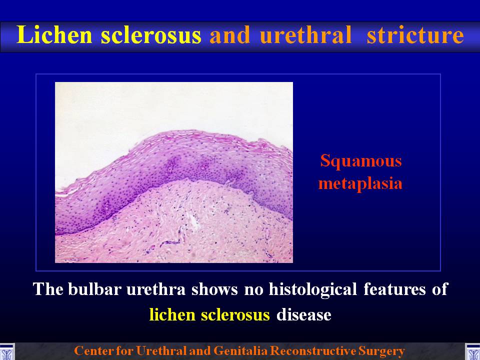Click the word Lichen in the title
pyautogui.click(x=54, y=34)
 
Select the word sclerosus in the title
pyautogui.click(x=151, y=34)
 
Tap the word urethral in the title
pyautogui.click(x=305, y=34)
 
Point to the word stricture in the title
pyautogui.click(x=415, y=34)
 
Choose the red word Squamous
pyautogui.click(x=360, y=161)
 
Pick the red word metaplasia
pyautogui.click(x=360, y=183)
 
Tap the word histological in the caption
pyautogui.click(x=312, y=289)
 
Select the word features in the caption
pyautogui.click(x=394, y=289)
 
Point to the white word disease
pyautogui.click(x=303, y=314)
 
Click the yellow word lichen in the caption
pyautogui.click(x=172, y=314)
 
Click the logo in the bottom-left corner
pyautogui.click(x=7, y=352)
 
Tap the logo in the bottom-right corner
pyautogui.click(x=472, y=352)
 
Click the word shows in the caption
pyautogui.click(x=214, y=289)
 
